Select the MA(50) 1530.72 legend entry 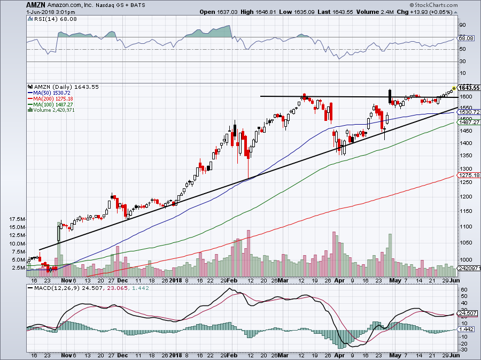[x=50, y=92]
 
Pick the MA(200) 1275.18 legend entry [x=51, y=97]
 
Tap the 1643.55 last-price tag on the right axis [x=467, y=88]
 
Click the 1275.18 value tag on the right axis [x=466, y=175]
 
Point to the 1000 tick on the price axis [x=466, y=258]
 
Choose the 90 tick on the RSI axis [x=462, y=25]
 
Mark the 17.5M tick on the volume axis [x=18, y=219]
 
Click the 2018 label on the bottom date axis [x=176, y=279]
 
